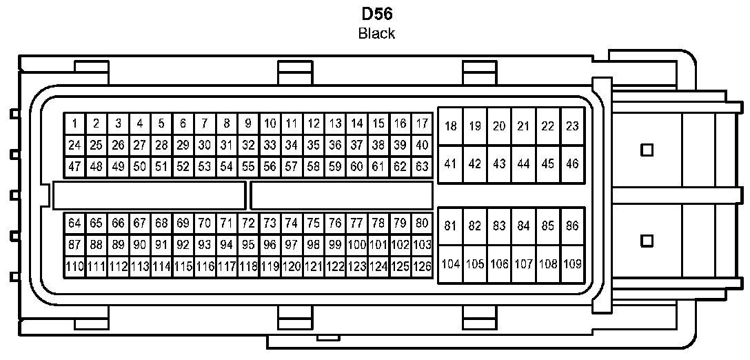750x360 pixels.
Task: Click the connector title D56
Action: (x=376, y=13)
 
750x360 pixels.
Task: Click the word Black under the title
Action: (x=376, y=33)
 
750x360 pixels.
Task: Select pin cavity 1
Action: (x=74, y=124)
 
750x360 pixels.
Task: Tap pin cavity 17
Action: (x=422, y=124)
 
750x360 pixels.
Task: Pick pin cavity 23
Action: (x=572, y=126)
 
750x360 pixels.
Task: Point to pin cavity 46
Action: (x=572, y=164)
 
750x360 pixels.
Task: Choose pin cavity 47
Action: (x=74, y=166)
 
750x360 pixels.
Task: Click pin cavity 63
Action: (x=422, y=166)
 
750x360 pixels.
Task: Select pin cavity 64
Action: (x=74, y=223)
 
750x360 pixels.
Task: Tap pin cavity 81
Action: (x=451, y=226)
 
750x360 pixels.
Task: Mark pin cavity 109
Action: (x=572, y=263)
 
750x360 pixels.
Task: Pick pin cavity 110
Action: (x=74, y=266)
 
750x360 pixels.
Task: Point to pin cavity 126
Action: (x=422, y=266)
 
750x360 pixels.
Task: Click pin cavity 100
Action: (x=356, y=244)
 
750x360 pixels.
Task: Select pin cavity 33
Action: (x=270, y=146)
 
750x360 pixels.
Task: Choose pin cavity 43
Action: (x=500, y=164)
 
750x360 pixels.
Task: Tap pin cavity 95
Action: (x=248, y=244)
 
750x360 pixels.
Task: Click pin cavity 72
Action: (x=248, y=223)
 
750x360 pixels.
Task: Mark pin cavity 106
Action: (x=500, y=263)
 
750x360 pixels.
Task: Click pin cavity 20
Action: (x=500, y=126)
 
